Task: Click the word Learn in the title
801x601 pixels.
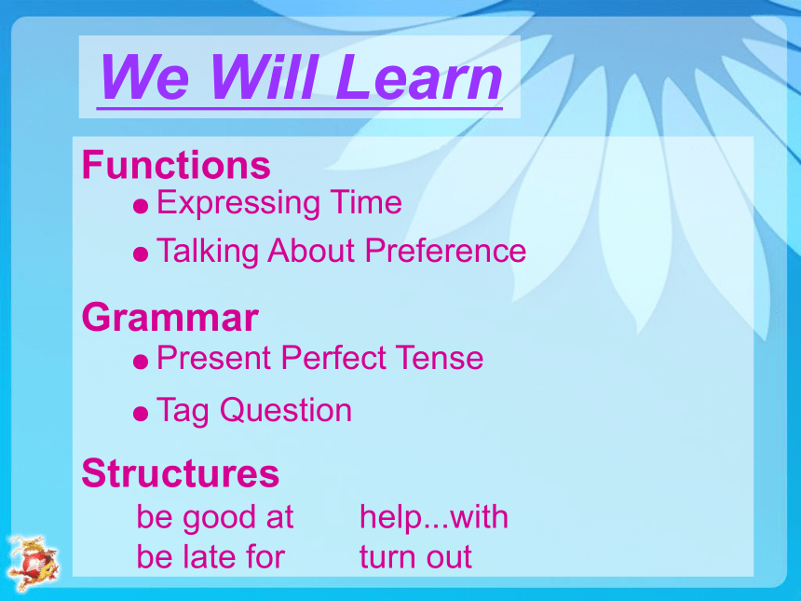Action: tap(419, 76)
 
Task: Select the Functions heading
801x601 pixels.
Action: tap(176, 165)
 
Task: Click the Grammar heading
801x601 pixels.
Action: tap(170, 318)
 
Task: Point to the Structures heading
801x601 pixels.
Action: tap(181, 472)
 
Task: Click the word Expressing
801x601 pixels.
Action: tap(238, 203)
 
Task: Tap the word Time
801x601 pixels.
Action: tap(366, 202)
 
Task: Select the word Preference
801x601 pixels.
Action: tap(445, 251)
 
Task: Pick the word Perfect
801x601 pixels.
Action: tap(333, 357)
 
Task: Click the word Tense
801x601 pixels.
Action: tap(440, 357)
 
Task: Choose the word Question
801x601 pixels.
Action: tap(286, 410)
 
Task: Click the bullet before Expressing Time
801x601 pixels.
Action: tap(141, 207)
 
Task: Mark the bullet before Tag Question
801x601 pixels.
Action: tap(141, 413)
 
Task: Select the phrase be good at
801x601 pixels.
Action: tap(215, 518)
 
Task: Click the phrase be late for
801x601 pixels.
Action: tap(210, 556)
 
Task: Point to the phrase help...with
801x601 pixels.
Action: tap(434, 518)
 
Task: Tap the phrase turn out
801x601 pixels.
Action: tap(415, 557)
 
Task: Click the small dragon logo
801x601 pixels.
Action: tap(34, 563)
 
